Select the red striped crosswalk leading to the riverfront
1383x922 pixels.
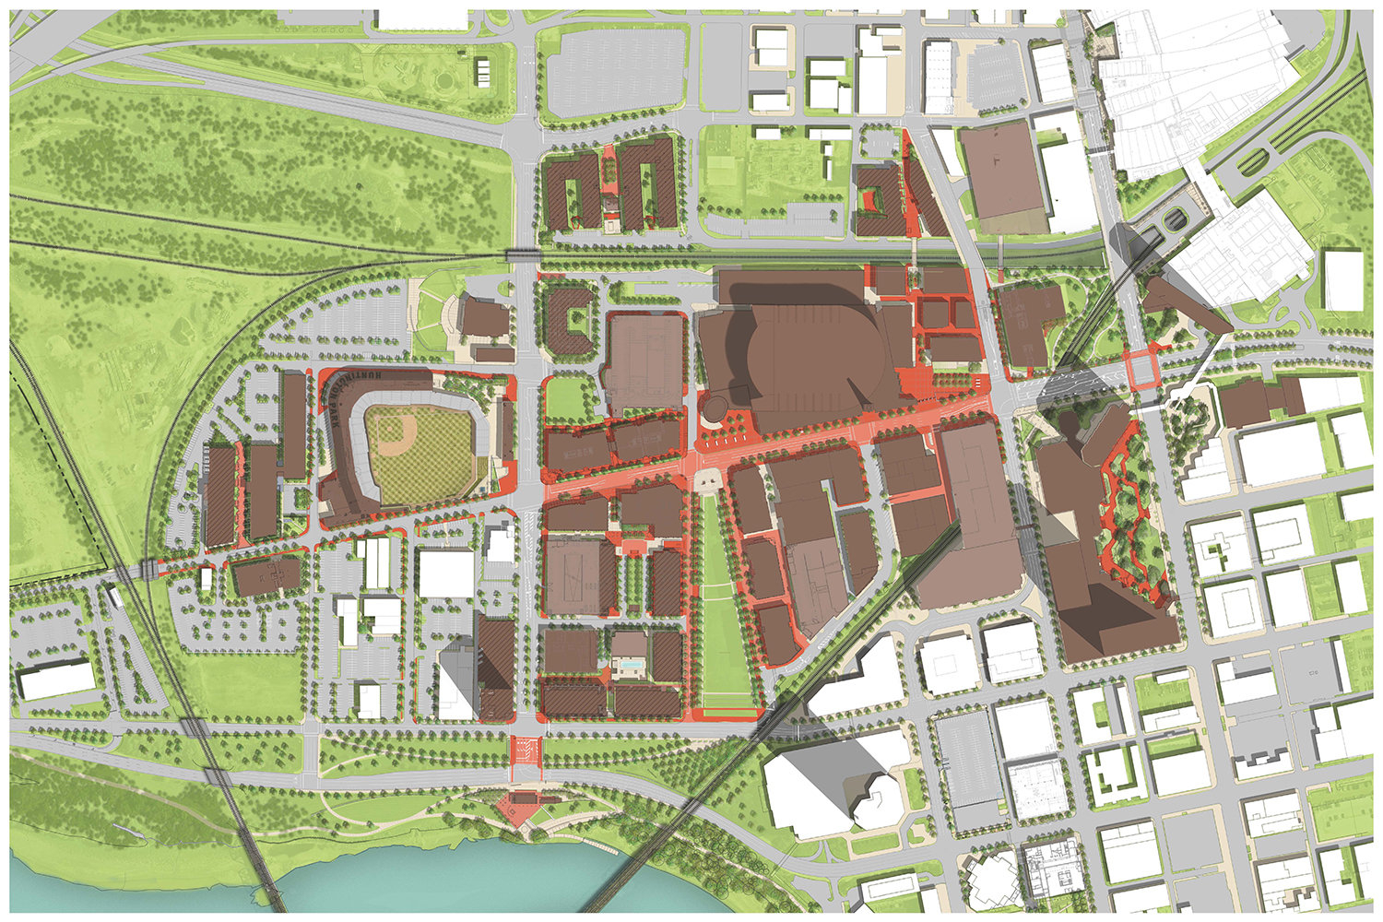tap(526, 751)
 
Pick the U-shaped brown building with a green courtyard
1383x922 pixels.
tap(573, 318)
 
